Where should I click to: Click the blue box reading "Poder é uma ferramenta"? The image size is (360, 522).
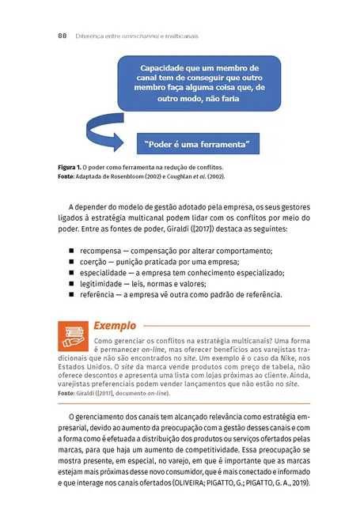[198, 144]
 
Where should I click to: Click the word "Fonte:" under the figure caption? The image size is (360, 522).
[70, 176]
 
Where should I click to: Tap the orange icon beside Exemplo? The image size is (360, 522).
[74, 336]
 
